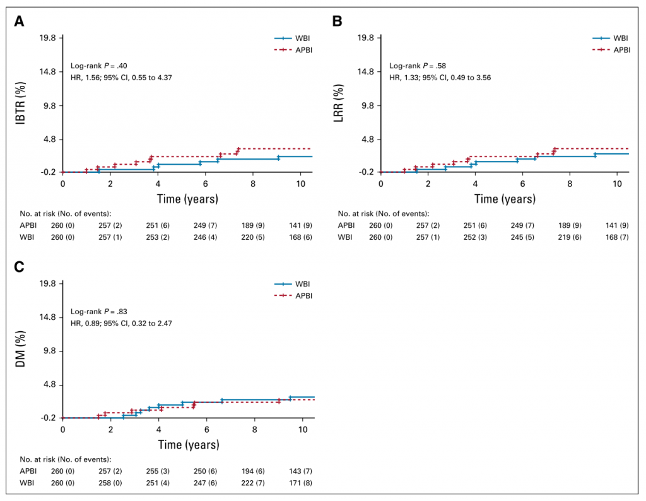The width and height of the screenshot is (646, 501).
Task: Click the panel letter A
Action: pos(20,21)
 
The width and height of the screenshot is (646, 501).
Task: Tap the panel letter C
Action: pos(20,267)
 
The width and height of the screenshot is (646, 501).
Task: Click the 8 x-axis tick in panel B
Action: pos(570,183)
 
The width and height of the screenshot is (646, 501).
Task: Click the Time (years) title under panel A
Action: pos(188,199)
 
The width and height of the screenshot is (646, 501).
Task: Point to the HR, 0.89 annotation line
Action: pos(121,323)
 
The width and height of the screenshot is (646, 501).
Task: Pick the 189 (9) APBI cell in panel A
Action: pos(255,225)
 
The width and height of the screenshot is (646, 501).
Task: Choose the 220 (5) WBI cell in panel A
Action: pos(255,237)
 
